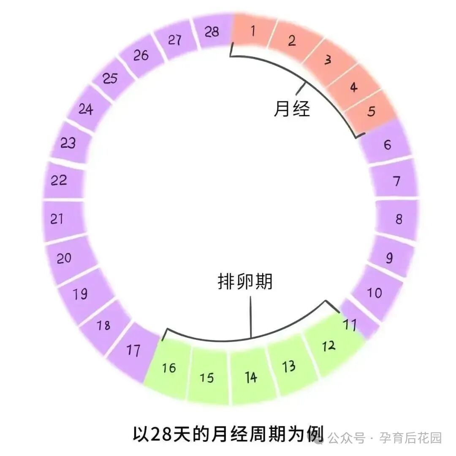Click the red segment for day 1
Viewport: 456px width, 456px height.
click(253, 32)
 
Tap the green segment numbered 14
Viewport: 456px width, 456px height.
click(251, 377)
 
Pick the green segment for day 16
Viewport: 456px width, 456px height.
click(169, 368)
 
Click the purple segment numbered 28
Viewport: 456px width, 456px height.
click(212, 32)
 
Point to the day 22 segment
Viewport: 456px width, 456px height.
click(59, 180)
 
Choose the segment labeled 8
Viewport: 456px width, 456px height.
click(399, 219)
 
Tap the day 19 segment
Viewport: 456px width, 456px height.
click(81, 293)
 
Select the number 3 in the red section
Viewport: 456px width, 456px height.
click(328, 60)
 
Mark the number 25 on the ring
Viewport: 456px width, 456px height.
click(110, 78)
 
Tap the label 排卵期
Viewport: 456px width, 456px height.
click(245, 282)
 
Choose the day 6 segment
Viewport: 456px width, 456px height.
click(387, 145)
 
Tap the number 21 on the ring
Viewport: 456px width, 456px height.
click(57, 219)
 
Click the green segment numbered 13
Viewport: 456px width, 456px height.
click(289, 366)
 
